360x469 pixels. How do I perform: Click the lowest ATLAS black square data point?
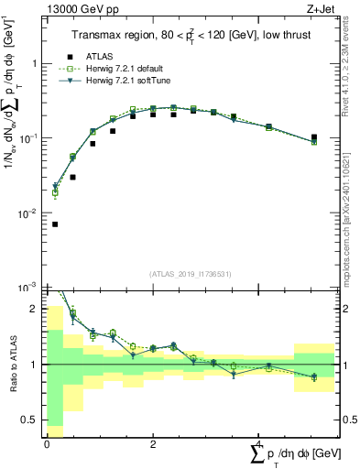tap(56, 224)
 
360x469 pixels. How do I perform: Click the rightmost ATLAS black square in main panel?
tap(314, 137)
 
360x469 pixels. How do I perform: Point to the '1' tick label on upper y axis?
tap(35, 64)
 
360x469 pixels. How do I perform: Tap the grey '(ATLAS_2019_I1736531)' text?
tap(191, 275)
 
